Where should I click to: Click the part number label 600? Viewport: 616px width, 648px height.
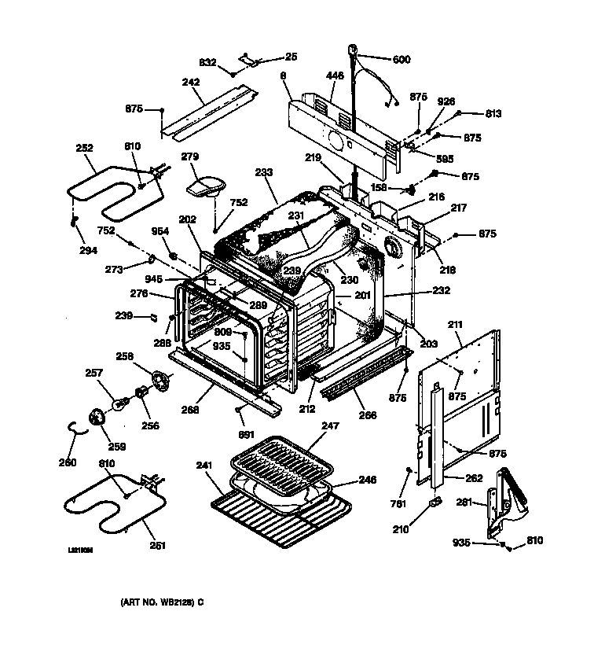click(x=401, y=59)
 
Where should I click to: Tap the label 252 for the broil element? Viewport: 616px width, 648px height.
click(x=84, y=148)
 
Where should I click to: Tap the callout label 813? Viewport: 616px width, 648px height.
click(x=493, y=113)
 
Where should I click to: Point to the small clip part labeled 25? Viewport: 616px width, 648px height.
click(x=248, y=57)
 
